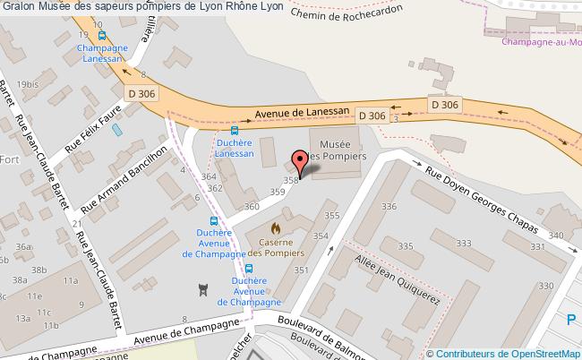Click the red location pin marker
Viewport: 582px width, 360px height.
301,161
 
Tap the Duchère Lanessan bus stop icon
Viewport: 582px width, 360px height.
235,129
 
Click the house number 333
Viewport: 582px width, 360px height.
463,244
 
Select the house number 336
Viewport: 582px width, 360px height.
388,208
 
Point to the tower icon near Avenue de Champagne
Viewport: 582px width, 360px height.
203,290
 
